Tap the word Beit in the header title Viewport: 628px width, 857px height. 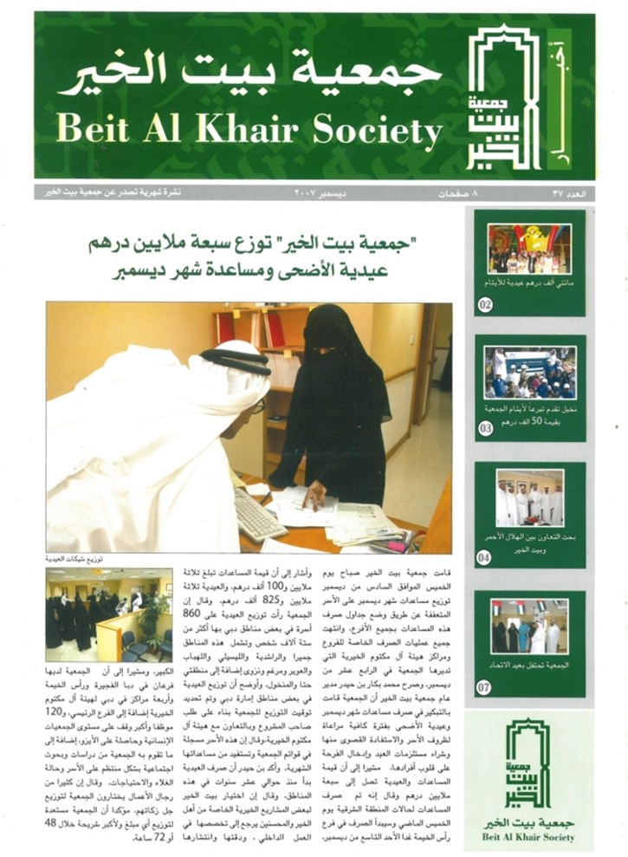pos(91,131)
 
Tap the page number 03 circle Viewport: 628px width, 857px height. pos(485,428)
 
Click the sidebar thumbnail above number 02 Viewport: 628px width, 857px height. pos(529,249)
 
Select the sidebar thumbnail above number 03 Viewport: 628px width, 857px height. pos(529,373)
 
